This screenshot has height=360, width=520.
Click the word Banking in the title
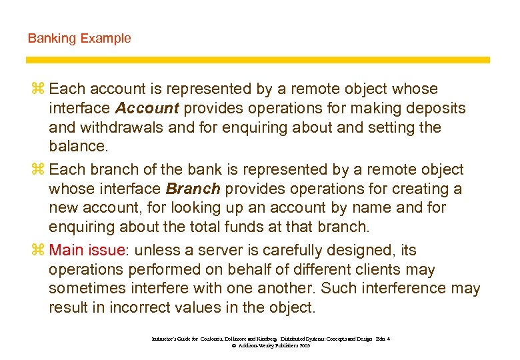click(x=52, y=39)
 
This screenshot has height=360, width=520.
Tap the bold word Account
click(x=147, y=108)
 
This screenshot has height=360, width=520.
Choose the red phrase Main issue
click(x=87, y=251)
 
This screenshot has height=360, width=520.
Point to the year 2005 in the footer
click(x=303, y=347)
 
